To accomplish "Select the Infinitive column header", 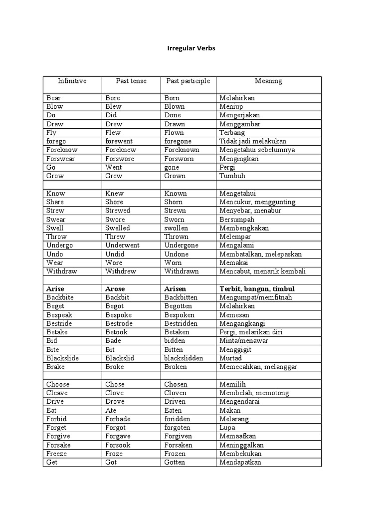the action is pyautogui.click(x=72, y=81).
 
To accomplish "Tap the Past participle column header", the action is pyautogui.click(x=188, y=81).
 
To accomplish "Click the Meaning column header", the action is pyautogui.click(x=268, y=81).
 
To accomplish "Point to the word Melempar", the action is pyautogui.click(x=235, y=237).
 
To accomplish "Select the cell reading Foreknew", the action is pyautogui.click(x=121, y=150).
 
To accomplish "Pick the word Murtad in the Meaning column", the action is pyautogui.click(x=230, y=358).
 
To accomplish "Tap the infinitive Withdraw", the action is pyautogui.click(x=63, y=271).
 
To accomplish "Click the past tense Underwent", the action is pyautogui.click(x=122, y=246).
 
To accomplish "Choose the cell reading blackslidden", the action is pyautogui.click(x=184, y=358).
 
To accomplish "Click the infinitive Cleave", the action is pyautogui.click(x=57, y=393).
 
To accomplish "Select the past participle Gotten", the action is pyautogui.click(x=175, y=463).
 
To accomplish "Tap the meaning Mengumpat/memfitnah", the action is pyautogui.click(x=256, y=297).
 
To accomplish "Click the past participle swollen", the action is pyautogui.click(x=176, y=228).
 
